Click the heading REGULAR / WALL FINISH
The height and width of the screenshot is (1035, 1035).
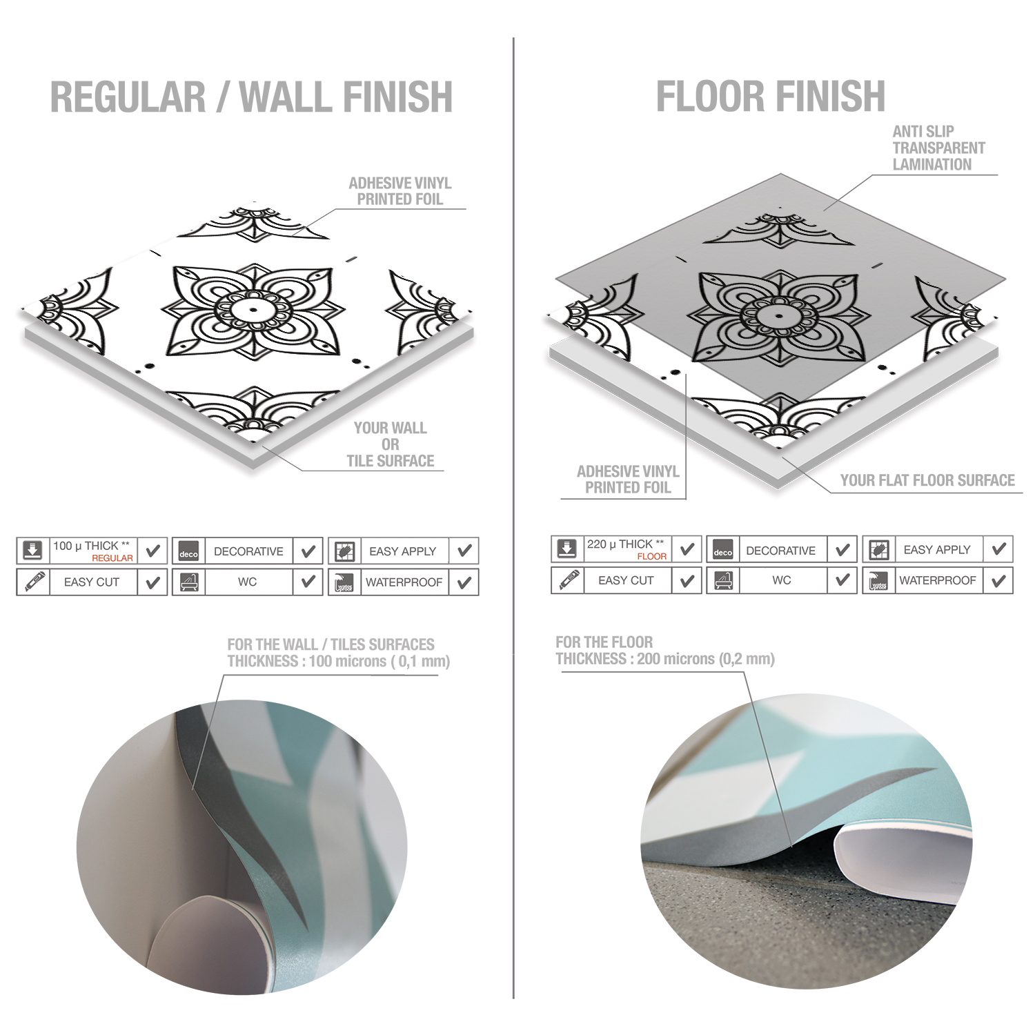click(x=252, y=97)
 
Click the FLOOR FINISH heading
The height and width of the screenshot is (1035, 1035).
click(x=770, y=96)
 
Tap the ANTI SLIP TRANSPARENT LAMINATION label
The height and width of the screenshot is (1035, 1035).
click(x=938, y=148)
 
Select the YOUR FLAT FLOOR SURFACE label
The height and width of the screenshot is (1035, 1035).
click(x=927, y=480)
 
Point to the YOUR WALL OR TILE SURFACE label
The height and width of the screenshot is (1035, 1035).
click(x=391, y=444)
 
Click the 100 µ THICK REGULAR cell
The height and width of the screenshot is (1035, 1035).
click(x=93, y=551)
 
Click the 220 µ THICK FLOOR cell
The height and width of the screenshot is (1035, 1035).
click(x=627, y=549)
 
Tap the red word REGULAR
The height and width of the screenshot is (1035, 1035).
click(x=112, y=558)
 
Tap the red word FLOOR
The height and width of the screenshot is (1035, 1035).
click(x=652, y=556)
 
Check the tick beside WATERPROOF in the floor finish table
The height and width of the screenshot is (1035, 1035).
click(x=998, y=581)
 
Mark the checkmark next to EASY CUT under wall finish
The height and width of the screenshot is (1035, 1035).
click(x=152, y=582)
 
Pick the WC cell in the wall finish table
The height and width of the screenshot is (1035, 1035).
click(x=248, y=582)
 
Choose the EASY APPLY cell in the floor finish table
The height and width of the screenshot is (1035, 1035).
click(x=937, y=549)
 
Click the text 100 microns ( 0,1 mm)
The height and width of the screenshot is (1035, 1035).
click(x=379, y=661)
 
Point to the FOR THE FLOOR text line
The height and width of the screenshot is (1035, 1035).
click(x=604, y=642)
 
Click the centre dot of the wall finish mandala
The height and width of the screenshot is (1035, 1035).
click(x=253, y=309)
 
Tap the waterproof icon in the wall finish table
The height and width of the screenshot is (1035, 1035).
click(x=344, y=582)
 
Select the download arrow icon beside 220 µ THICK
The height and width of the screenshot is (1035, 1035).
click(x=567, y=549)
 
